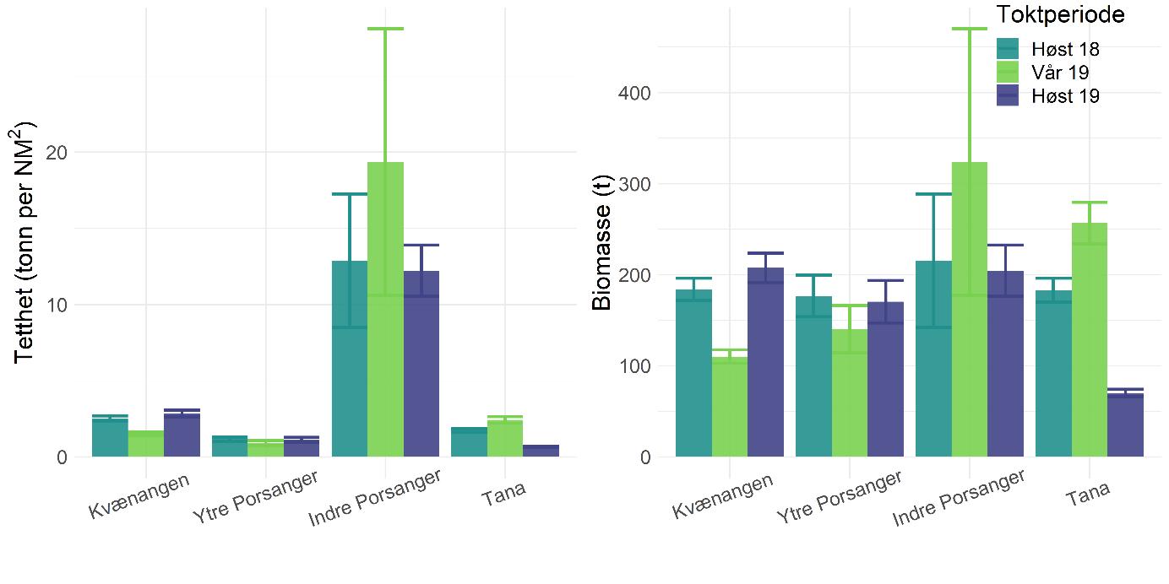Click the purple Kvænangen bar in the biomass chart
[765, 362]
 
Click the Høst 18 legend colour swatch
[1009, 49]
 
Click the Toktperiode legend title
[1059, 15]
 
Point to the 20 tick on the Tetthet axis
[56, 152]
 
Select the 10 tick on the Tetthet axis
[56, 305]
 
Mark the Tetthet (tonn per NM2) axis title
[27, 241]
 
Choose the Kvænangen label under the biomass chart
[723, 497]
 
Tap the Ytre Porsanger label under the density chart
[255, 497]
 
